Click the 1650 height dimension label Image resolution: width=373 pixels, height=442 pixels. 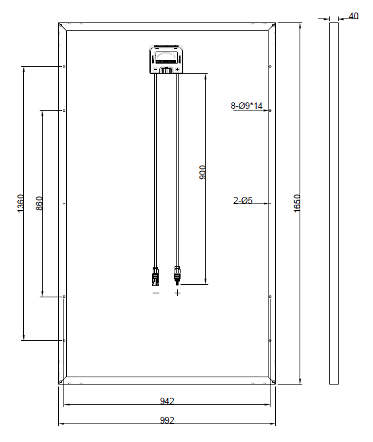297,203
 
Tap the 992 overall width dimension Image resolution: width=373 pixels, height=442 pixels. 167,420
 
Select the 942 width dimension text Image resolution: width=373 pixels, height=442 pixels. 167,401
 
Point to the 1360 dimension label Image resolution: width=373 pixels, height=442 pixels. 21,203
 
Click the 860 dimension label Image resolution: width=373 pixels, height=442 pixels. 39,203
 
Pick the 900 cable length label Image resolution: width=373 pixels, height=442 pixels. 202,172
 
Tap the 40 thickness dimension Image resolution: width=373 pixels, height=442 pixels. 354,16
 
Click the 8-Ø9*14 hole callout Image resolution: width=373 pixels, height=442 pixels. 247,106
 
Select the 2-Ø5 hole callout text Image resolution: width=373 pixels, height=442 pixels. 243,200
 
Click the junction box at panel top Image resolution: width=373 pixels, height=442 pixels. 167,59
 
